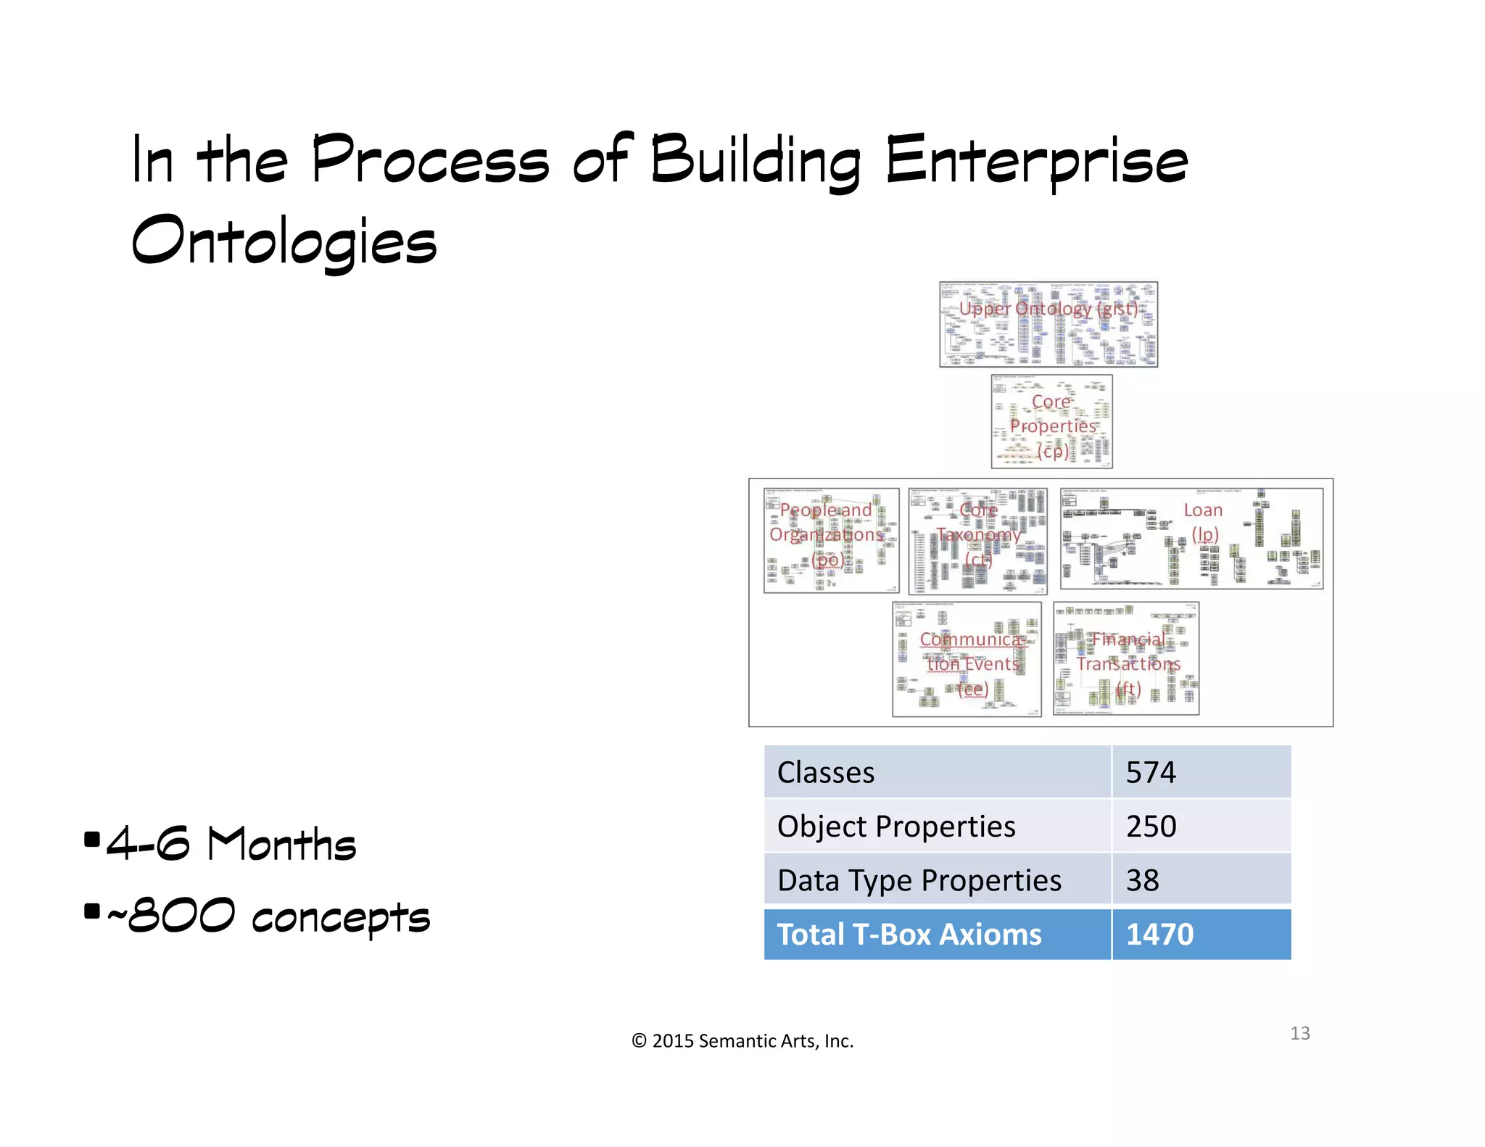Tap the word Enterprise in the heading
[1036, 161]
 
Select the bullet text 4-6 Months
[231, 844]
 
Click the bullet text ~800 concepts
[268, 916]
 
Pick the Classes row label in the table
[826, 773]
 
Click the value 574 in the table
[1151, 773]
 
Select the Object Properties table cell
[896, 827]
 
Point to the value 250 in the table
[1151, 827]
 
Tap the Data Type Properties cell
[919, 880]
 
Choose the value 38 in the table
[1143, 880]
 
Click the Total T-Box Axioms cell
[909, 935]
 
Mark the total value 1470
[1159, 935]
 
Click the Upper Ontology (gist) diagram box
[1048, 324]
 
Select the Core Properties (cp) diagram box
[1051, 422]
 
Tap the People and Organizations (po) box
[831, 540]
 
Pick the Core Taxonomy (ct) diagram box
[977, 541]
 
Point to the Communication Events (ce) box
[967, 659]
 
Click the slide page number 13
[1299, 1033]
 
